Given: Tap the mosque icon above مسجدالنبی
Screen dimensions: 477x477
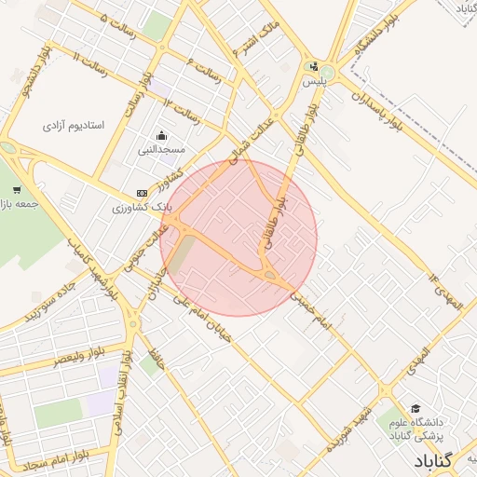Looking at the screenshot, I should pos(162,135).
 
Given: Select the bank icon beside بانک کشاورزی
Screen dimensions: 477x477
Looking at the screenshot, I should pos(142,193).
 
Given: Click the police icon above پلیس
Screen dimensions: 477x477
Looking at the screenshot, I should pos(314,66).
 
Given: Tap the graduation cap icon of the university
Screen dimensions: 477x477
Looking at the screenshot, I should pos(415,408).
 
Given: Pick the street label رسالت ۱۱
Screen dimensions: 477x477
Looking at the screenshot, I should pos(90,62).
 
